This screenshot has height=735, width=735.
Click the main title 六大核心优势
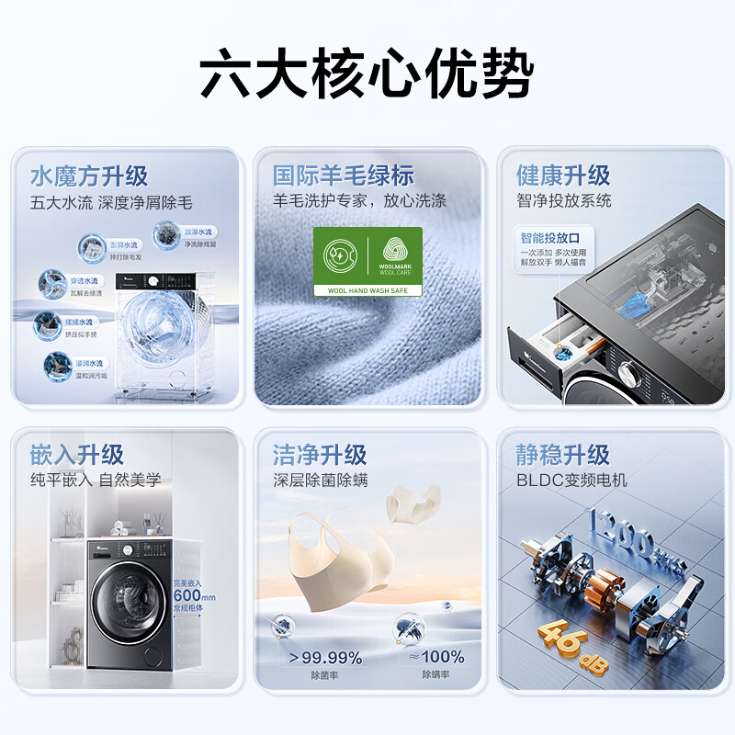pyautogui.click(x=367, y=75)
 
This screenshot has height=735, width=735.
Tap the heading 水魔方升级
pyautogui.click(x=89, y=175)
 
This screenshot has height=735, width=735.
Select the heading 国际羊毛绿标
pyautogui.click(x=343, y=175)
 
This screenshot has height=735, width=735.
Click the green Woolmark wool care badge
pyautogui.click(x=367, y=261)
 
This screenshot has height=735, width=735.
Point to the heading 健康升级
pyautogui.click(x=563, y=175)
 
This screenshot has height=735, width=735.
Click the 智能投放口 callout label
pyautogui.click(x=545, y=238)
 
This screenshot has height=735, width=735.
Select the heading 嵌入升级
pyautogui.click(x=76, y=454)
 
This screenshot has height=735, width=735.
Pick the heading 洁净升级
pyautogui.click(x=319, y=454)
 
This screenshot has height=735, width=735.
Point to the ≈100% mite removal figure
pyautogui.click(x=436, y=657)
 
